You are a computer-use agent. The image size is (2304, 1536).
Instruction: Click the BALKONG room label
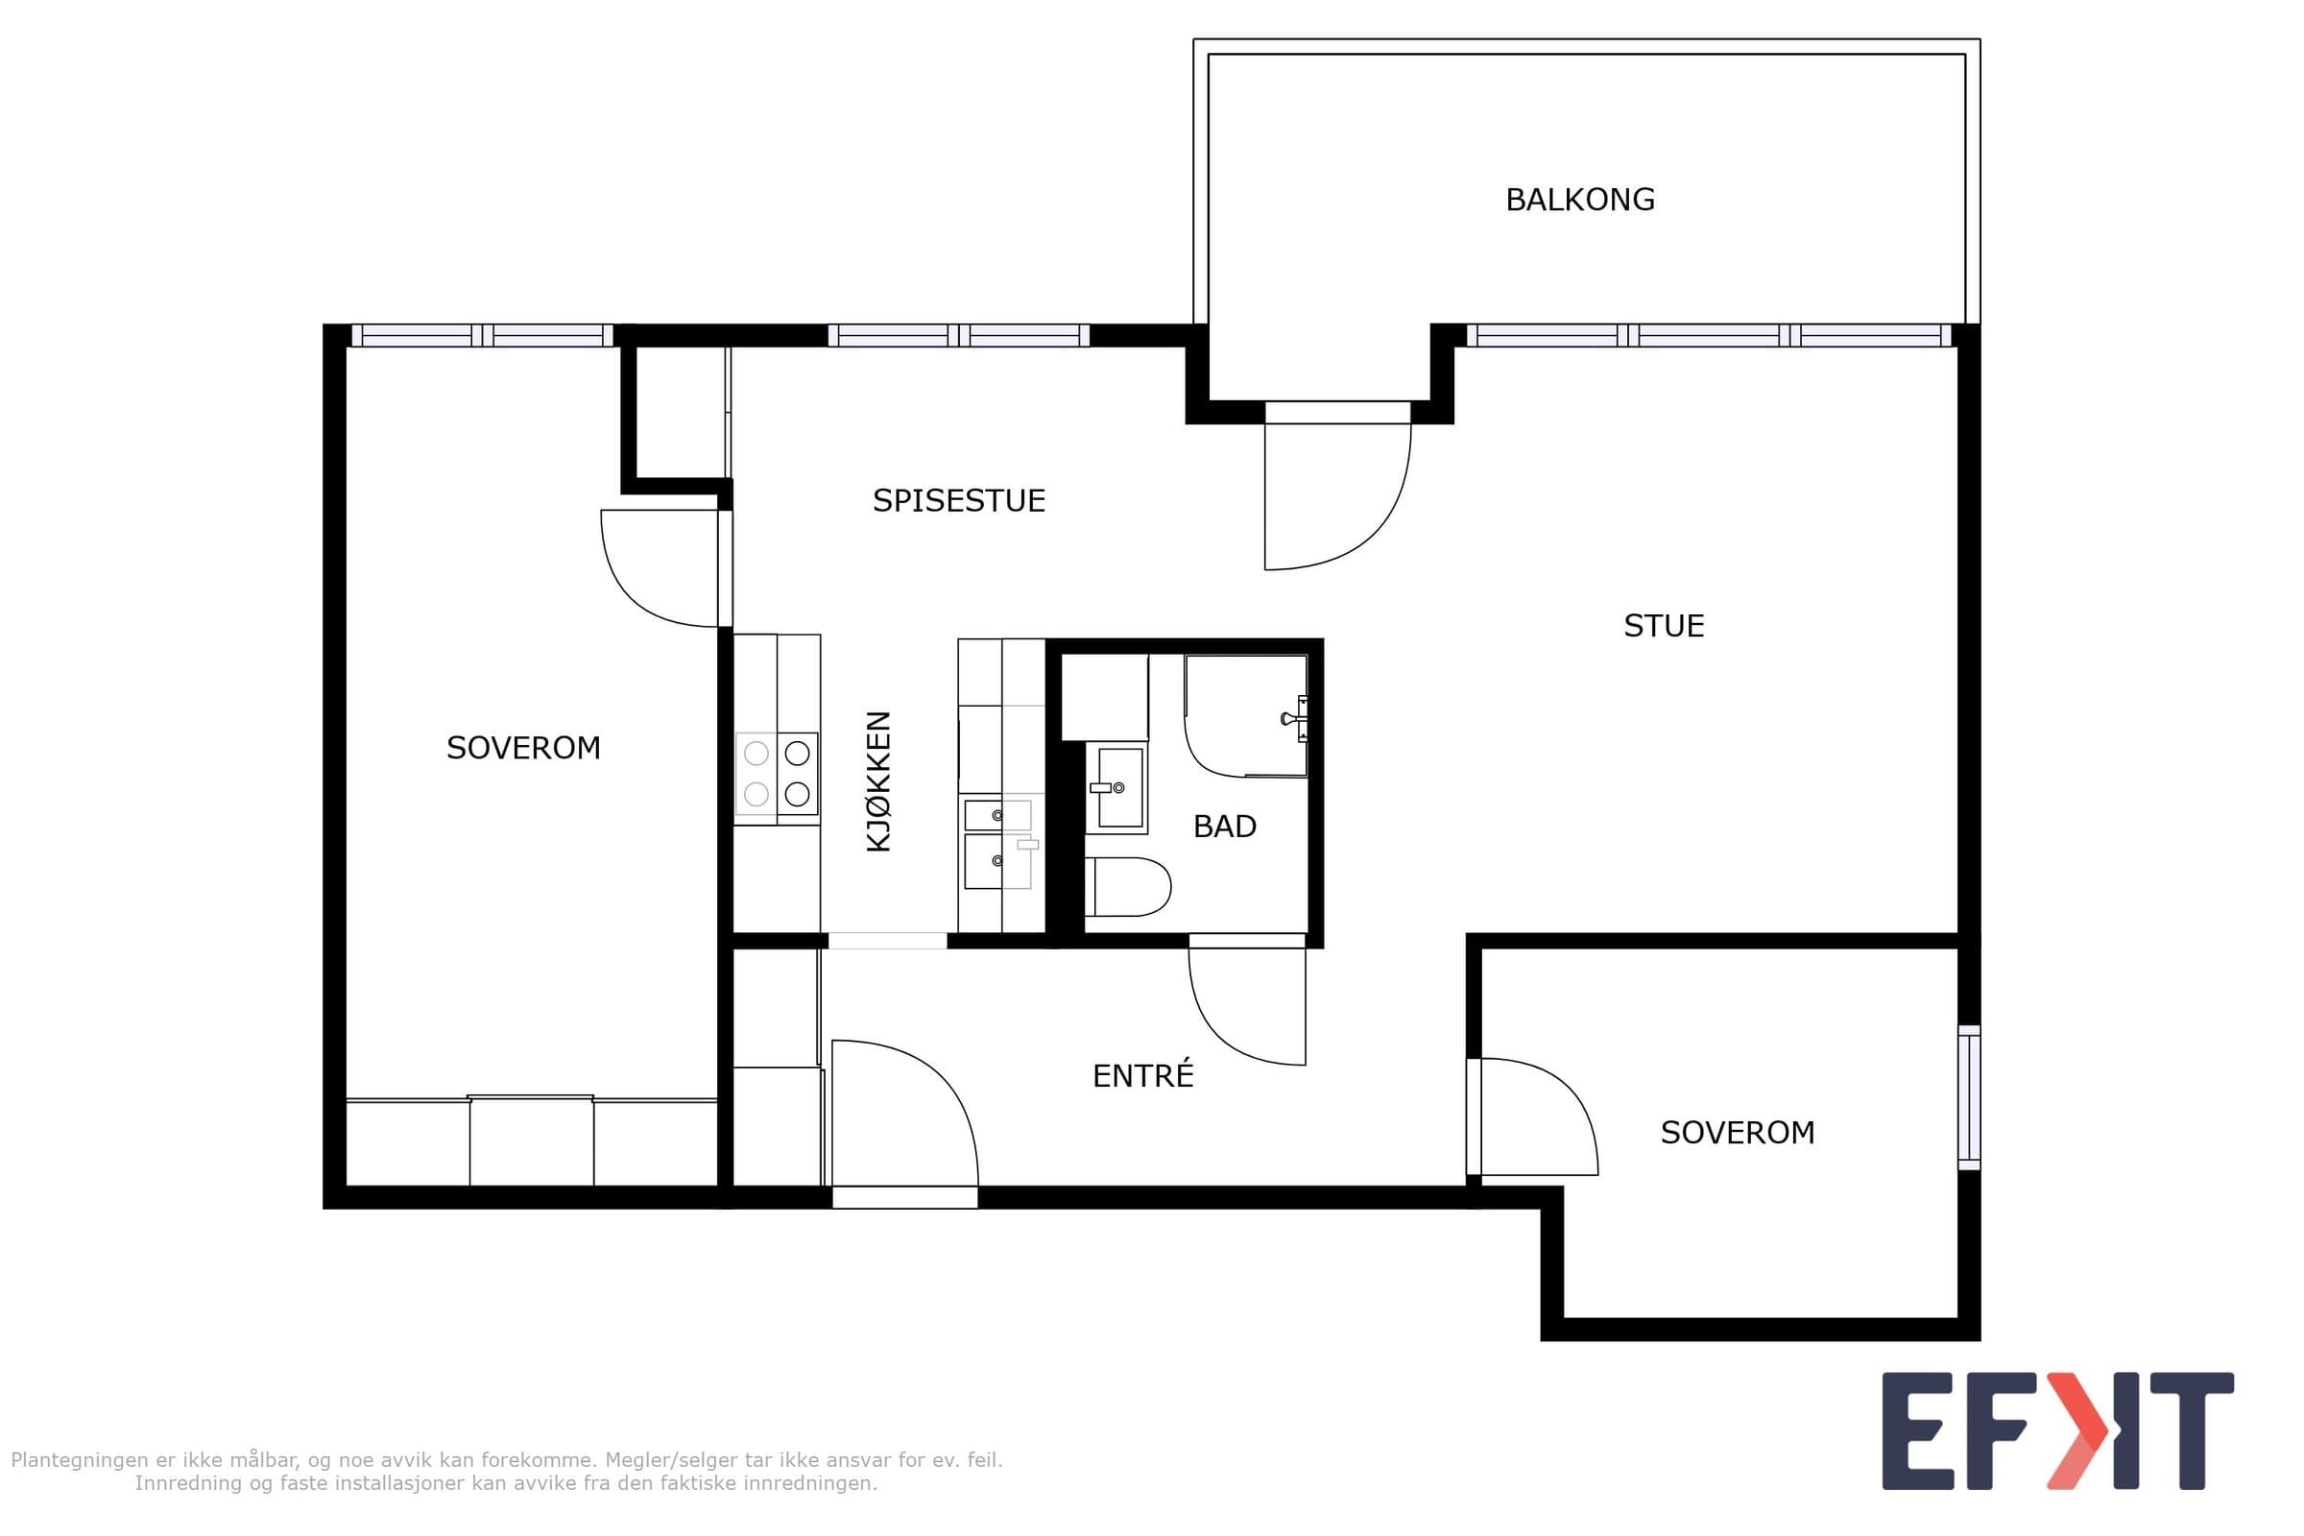pos(1579,200)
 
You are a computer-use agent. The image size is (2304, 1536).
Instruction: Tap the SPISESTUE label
pos(959,500)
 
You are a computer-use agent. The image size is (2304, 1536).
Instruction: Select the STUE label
pos(1664,626)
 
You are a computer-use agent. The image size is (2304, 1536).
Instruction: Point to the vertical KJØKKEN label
pos(878,781)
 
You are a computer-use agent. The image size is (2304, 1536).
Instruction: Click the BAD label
pos(1225,827)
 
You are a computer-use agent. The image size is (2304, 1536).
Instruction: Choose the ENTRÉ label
pos(1143,1075)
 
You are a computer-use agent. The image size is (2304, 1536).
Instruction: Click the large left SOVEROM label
pos(523,749)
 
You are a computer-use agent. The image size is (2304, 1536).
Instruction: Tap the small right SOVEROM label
pos(1737,1134)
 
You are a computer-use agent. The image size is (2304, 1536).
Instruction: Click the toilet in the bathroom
pos(1127,886)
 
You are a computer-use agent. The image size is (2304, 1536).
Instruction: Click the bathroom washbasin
pos(1116,787)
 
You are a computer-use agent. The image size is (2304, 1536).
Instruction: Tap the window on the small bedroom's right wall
pos(1969,1097)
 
